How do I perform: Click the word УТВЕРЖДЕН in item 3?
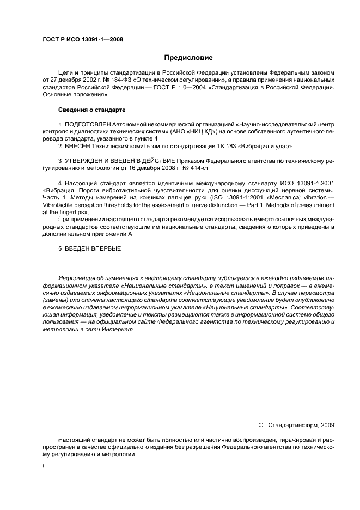(83, 161)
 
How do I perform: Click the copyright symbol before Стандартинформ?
(260, 425)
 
